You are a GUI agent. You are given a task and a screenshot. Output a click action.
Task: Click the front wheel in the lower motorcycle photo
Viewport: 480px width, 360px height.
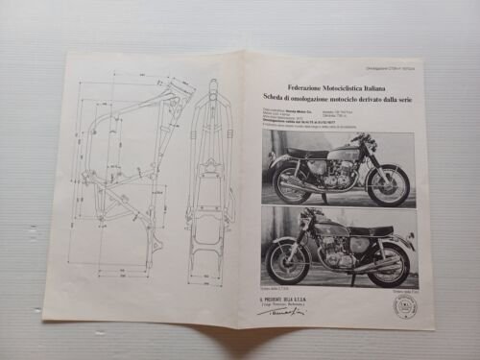[287, 260]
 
